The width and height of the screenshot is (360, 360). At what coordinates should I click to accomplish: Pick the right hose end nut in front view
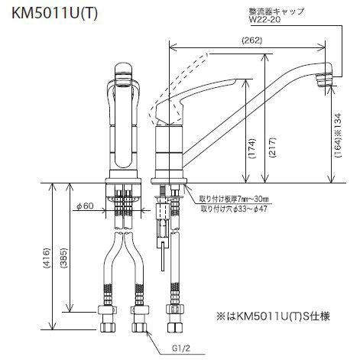tap(138, 314)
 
